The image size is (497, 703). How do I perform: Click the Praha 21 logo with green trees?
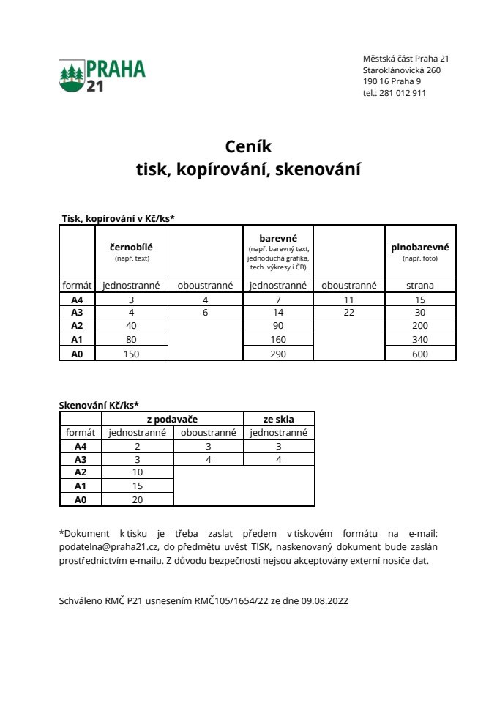102,76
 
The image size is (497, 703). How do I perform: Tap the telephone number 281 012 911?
403,93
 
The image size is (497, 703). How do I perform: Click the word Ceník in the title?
248,146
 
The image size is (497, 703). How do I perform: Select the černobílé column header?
131,247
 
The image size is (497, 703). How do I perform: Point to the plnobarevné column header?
419,247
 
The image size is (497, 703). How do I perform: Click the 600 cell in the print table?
420,354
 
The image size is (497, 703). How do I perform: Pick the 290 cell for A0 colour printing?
277,354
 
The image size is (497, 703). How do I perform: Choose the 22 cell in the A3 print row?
348,312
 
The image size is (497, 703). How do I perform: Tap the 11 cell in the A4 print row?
348,300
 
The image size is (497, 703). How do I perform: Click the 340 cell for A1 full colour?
420,340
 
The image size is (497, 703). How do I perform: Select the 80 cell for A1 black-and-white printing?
131,340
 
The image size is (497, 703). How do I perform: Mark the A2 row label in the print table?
77,326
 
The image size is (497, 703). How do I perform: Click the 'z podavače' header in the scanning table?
172,419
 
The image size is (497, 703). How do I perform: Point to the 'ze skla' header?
278,419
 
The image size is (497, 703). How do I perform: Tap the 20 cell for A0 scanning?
138,499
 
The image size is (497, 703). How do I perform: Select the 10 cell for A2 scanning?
138,472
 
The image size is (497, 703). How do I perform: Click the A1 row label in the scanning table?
81,486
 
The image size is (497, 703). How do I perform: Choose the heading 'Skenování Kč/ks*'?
98,405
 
